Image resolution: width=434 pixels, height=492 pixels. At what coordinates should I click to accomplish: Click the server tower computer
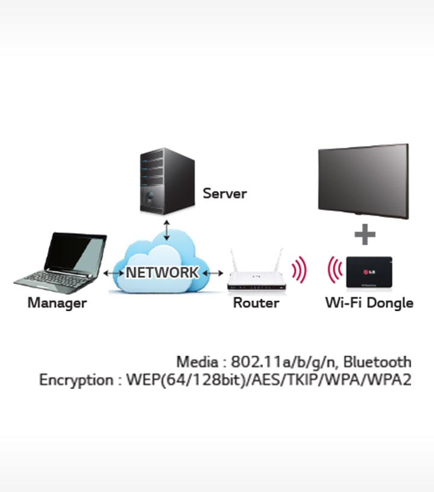point(167,181)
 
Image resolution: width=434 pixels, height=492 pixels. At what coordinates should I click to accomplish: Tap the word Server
point(224,194)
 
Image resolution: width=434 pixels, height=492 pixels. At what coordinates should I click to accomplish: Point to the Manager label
point(57,303)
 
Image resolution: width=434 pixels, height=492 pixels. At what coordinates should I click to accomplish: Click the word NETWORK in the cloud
point(162,272)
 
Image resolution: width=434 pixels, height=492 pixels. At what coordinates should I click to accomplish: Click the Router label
point(256,303)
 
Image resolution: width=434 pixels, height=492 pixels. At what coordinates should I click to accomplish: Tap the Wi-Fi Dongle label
point(369,303)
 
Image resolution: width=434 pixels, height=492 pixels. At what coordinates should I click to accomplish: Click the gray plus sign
point(365,235)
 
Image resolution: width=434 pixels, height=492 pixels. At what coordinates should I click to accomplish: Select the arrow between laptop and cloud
point(113,273)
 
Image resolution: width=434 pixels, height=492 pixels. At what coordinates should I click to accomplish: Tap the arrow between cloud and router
point(212,273)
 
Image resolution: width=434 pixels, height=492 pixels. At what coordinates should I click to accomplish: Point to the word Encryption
point(76,380)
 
